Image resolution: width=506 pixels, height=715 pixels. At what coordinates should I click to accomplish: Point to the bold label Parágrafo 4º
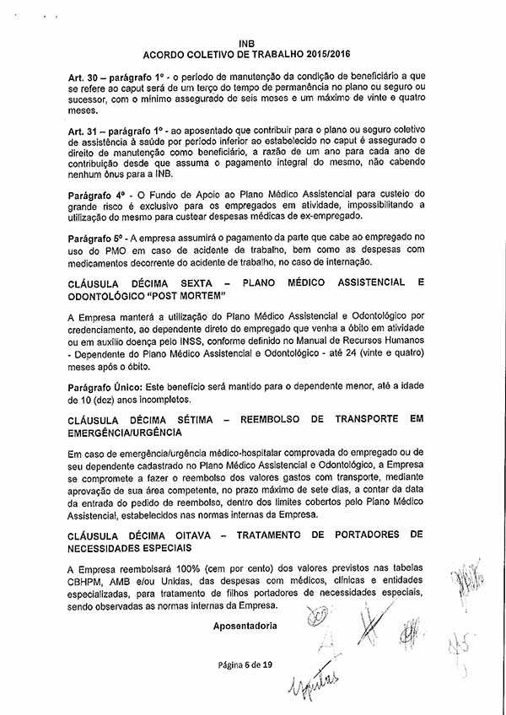[x=95, y=195]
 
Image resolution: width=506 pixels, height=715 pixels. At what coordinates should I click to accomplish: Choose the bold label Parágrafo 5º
[x=95, y=239]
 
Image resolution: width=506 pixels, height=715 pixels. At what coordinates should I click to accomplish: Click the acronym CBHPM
[x=85, y=579]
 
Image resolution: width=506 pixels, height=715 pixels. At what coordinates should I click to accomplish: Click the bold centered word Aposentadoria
[x=245, y=626]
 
